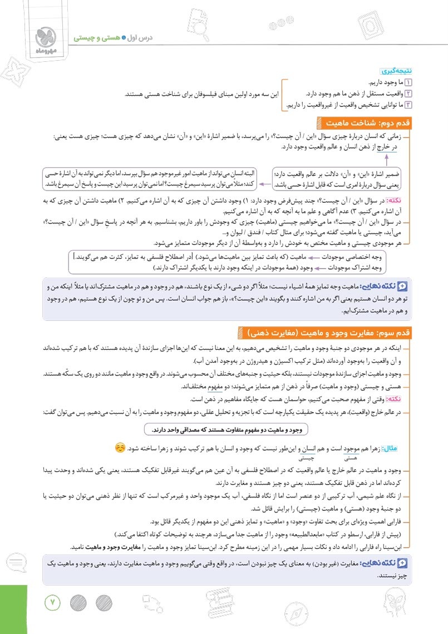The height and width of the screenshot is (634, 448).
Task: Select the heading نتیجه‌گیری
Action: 396,72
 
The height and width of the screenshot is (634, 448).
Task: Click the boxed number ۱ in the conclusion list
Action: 408,82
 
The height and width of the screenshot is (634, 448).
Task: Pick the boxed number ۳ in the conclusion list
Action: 408,104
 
